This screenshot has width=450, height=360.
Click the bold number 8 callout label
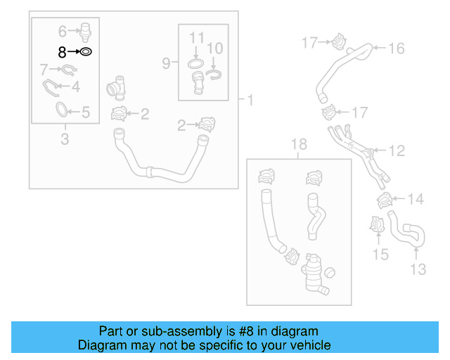tap(62, 52)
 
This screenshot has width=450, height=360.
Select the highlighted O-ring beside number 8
tap(85, 52)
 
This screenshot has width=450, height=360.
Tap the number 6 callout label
tap(62, 31)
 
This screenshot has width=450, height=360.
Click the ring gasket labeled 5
tap(62, 110)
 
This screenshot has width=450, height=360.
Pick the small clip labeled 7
tap(67, 69)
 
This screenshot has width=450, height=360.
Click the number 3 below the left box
tap(65, 139)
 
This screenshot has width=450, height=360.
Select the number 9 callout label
tap(166, 63)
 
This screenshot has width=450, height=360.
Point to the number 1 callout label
tap(250, 100)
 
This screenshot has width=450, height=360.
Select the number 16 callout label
tap(397, 48)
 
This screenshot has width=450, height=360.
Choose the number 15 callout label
tap(380, 254)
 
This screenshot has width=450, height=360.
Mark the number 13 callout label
tap(418, 269)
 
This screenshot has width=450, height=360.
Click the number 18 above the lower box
tap(299, 145)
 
